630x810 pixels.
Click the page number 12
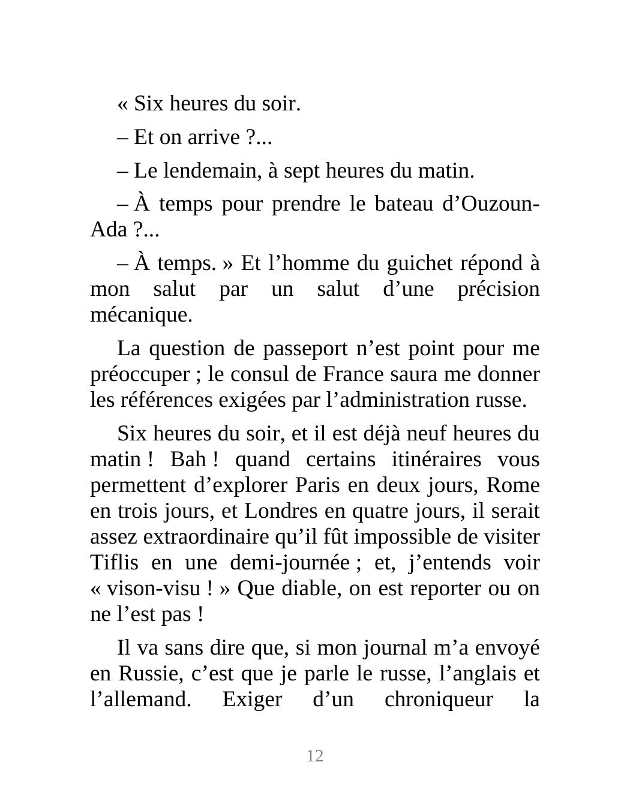[x=315, y=756]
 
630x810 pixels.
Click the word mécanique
[x=140, y=315]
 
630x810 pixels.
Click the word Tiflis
[x=114, y=563]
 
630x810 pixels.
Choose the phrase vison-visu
[x=154, y=589]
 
